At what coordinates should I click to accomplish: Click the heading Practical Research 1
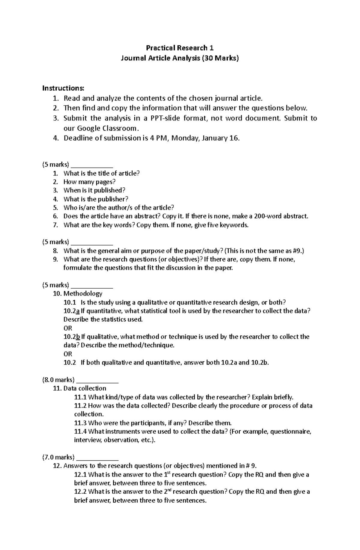(x=180, y=48)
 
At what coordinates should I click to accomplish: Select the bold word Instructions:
(x=63, y=88)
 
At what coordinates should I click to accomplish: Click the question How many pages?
(x=89, y=182)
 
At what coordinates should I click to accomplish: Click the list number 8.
(x=55, y=251)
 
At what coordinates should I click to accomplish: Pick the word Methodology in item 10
(x=83, y=293)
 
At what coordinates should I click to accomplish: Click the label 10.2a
(x=71, y=311)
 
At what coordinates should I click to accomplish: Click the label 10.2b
(x=72, y=337)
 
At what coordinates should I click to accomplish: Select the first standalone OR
(x=68, y=328)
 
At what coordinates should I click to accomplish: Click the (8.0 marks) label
(x=58, y=380)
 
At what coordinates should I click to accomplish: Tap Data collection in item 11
(x=85, y=388)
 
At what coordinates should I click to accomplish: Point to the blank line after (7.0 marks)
(x=97, y=457)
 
